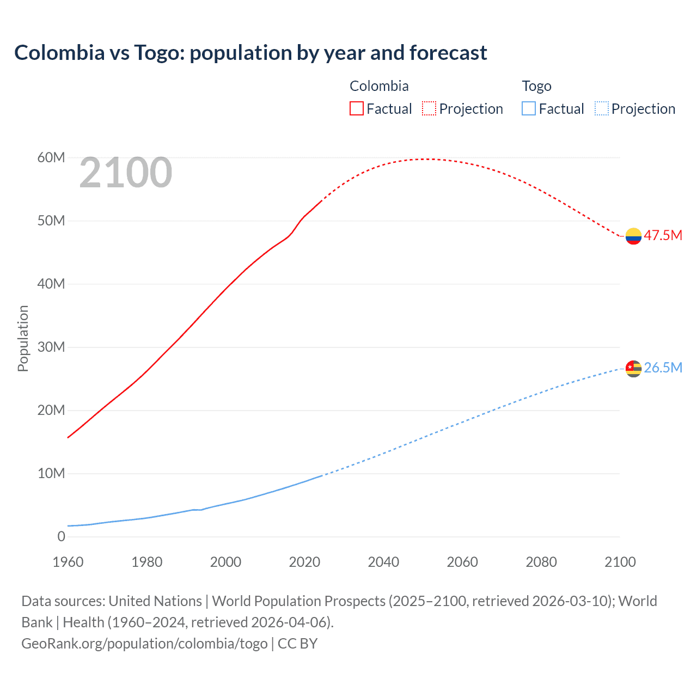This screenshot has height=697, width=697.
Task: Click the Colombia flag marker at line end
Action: pos(633,236)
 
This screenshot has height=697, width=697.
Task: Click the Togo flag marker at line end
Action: pos(633,369)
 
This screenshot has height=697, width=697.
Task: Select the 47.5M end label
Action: pos(663,235)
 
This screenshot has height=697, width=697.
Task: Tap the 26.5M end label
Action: pos(663,368)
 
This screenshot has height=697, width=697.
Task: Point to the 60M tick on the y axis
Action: pos(51,158)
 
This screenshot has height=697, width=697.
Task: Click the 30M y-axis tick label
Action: pos(51,347)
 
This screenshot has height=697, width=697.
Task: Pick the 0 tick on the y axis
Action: pos(61,537)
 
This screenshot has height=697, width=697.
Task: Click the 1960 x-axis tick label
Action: pos(68,562)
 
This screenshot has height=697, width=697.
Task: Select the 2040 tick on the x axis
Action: pos(383,562)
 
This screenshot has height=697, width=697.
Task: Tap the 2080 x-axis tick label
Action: pos(541,562)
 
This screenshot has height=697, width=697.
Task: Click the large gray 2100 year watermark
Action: pos(126,173)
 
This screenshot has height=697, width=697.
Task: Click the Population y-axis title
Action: pos(23,339)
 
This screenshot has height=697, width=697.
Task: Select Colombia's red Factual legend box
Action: pos(356,108)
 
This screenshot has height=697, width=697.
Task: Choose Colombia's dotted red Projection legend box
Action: pos(429,108)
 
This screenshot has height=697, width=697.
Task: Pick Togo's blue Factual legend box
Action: pos(529,108)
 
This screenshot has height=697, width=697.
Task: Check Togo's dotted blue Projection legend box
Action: pos(602,108)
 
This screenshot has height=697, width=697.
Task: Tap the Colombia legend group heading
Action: pos(379,86)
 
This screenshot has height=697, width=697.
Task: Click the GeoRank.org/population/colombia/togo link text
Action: pos(144,644)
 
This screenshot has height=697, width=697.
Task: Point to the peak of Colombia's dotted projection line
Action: pos(429,159)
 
